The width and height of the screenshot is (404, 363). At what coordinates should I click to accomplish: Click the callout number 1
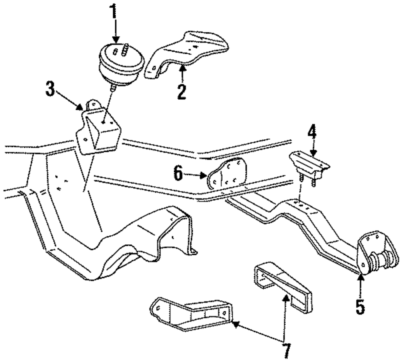(x=115, y=12)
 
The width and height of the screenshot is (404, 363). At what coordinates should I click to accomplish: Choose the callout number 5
(x=360, y=307)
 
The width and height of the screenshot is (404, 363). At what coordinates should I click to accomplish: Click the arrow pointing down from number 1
(x=116, y=32)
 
